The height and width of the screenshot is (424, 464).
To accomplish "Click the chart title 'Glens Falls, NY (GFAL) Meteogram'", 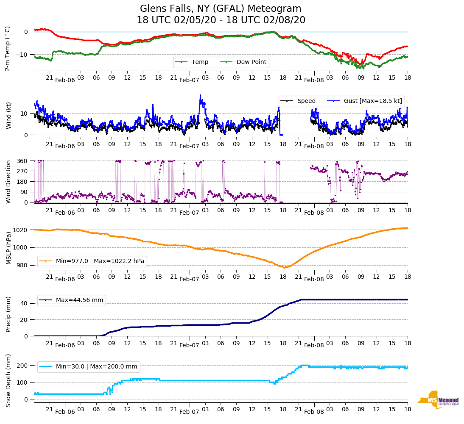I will (x=221, y=9).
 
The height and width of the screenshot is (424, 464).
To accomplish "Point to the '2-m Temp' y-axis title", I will (x=8, y=48).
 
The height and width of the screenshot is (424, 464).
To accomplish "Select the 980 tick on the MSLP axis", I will (x=22, y=265).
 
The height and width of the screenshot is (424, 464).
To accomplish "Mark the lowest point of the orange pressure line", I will (x=285, y=268).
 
